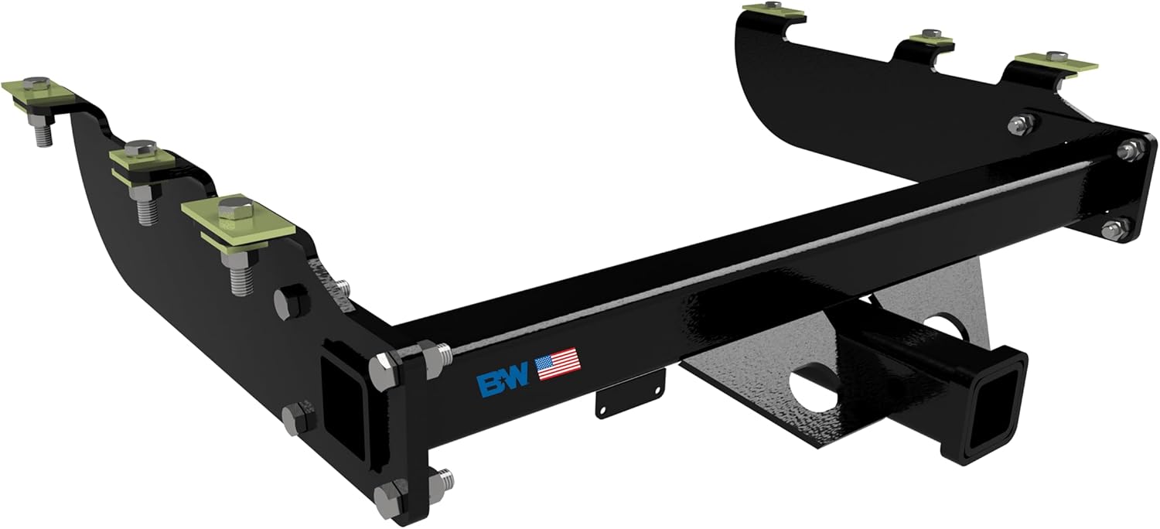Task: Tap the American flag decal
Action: [557, 363]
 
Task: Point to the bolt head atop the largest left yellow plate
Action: [230, 207]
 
